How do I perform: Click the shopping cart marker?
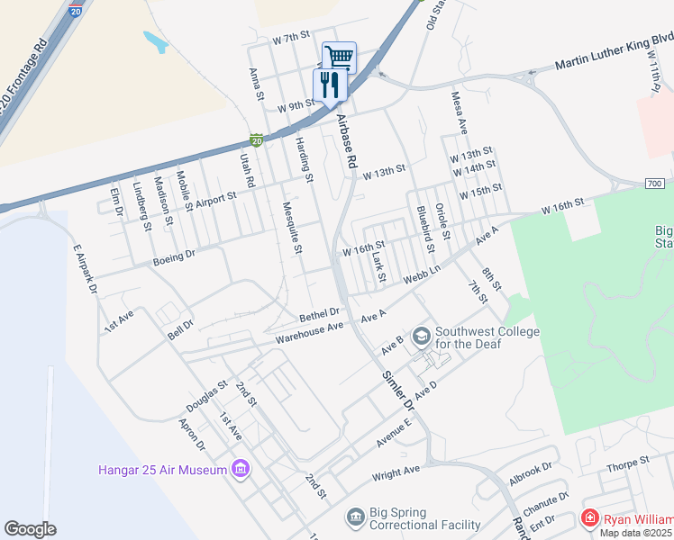tap(339, 57)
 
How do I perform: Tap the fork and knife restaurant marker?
tap(328, 85)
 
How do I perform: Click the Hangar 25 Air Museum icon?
tap(240, 469)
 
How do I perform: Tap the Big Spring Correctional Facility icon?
tap(356, 517)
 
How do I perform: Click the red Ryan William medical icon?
tap(589, 518)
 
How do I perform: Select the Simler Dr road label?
tap(397, 391)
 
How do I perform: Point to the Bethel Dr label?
tap(319, 312)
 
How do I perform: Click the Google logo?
tap(30, 529)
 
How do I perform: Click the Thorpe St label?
tap(627, 463)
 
